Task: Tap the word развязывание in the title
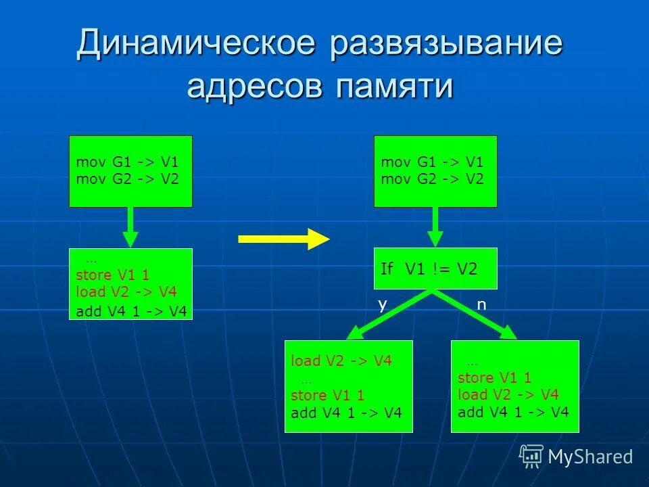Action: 447,44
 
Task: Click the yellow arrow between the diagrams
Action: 283,239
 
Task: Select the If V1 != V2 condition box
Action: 435,269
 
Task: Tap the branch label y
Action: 383,304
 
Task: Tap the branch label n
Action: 481,304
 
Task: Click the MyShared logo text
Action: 590,457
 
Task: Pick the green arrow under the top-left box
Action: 130,227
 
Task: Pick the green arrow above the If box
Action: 435,227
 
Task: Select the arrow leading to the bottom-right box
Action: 477,315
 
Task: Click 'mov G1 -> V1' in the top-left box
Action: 127,163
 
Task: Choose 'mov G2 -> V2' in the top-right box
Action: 432,179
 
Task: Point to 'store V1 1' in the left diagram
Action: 112,275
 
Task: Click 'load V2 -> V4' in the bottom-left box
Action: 341,361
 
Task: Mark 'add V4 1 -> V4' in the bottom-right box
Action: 513,412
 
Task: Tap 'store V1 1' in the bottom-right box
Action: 494,378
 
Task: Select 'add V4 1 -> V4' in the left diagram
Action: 131,310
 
